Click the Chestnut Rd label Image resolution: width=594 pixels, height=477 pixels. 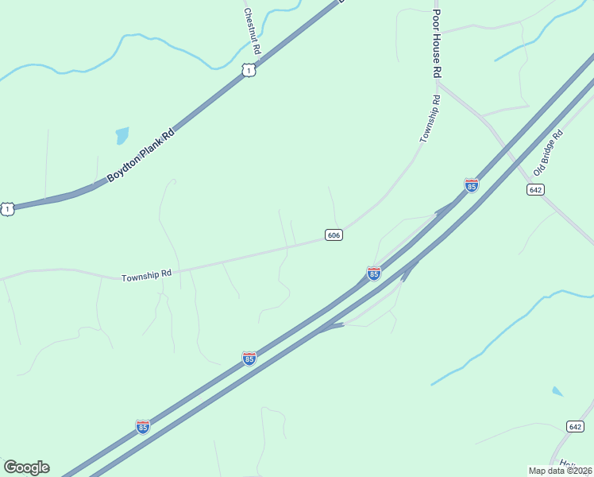pyautogui.click(x=252, y=31)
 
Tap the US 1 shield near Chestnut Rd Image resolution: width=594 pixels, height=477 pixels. pyautogui.click(x=249, y=72)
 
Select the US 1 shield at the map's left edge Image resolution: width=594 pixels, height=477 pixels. pyautogui.click(x=7, y=209)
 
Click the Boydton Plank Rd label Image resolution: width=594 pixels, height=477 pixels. pyautogui.click(x=140, y=155)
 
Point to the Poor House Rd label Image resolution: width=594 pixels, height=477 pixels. pyautogui.click(x=436, y=44)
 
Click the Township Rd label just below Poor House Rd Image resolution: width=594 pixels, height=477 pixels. pyautogui.click(x=430, y=119)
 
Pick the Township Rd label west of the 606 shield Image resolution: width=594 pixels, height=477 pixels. pyautogui.click(x=146, y=276)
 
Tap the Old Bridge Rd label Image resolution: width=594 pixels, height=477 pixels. pyautogui.click(x=548, y=152)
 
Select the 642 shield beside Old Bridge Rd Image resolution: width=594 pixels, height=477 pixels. pyautogui.click(x=534, y=189)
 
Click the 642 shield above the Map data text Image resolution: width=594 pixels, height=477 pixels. pyautogui.click(x=577, y=426)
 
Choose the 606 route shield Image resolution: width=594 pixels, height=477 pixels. pyautogui.click(x=334, y=235)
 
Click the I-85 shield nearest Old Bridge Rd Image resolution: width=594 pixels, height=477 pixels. pyautogui.click(x=472, y=185)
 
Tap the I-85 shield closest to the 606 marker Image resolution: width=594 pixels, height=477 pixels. pyautogui.click(x=373, y=273)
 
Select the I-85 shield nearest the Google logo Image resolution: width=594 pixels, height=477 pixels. pyautogui.click(x=143, y=427)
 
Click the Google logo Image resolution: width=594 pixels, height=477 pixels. pyautogui.click(x=26, y=467)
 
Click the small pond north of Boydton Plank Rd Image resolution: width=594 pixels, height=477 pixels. pyautogui.click(x=121, y=135)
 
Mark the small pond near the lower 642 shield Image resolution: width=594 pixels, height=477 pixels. pyautogui.click(x=557, y=391)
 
